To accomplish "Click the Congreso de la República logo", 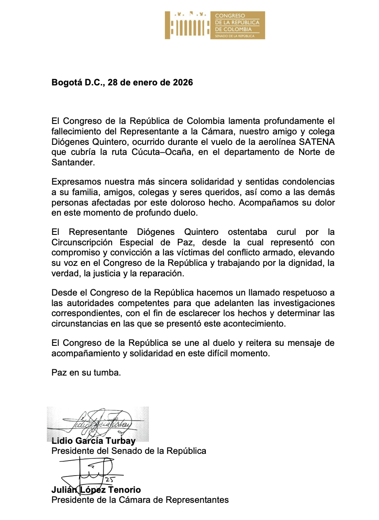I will point(215,25).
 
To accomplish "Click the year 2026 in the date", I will point(183,82).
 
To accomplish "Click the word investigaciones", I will point(298,303).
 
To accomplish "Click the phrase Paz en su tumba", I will point(86,373).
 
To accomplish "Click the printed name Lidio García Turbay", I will point(93,441).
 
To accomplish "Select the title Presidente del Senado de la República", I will point(128,451).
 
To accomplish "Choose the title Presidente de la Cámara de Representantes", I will point(140,500).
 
